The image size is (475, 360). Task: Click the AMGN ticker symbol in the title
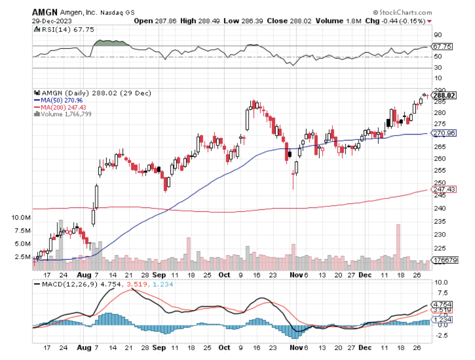pyautogui.click(x=44, y=12)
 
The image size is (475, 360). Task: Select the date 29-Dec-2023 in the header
pyautogui.click(x=47, y=21)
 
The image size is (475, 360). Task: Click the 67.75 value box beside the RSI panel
pyautogui.click(x=442, y=47)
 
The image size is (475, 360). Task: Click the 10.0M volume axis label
pyautogui.click(x=22, y=217)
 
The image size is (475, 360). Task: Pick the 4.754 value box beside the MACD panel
pyautogui.click(x=442, y=304)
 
